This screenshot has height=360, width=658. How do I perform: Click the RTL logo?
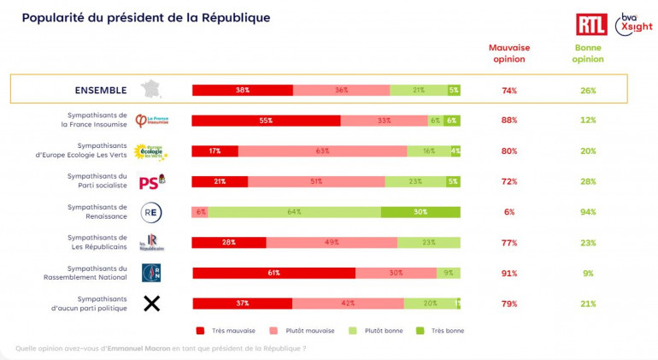pos(590,24)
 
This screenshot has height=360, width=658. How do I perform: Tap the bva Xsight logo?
pos(633,23)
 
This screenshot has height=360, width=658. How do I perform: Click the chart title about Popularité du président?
pos(145,17)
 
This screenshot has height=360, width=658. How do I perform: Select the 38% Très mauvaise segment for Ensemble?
pos(242,90)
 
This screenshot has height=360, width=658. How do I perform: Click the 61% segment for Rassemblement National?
pos(273,273)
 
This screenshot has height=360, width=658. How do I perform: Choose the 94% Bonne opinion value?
pos(588,213)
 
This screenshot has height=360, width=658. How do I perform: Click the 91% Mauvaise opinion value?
pos(509,274)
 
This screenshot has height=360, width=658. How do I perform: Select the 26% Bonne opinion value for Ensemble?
pos(588,91)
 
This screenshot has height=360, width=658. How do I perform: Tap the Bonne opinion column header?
pos(588,54)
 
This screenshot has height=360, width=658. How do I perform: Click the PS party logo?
pos(151,182)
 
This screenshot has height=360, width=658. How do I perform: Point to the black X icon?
pos(151,303)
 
